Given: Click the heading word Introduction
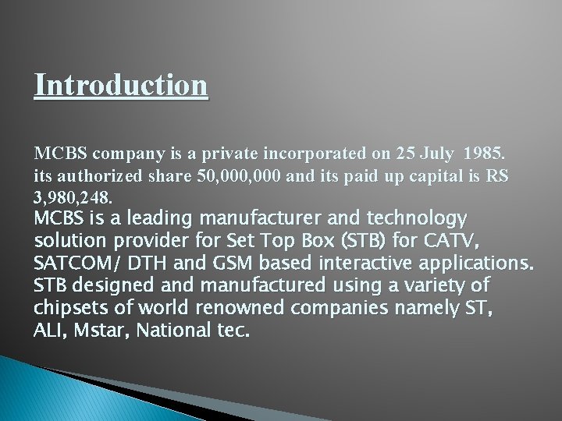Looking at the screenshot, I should pyautogui.click(x=121, y=84).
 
